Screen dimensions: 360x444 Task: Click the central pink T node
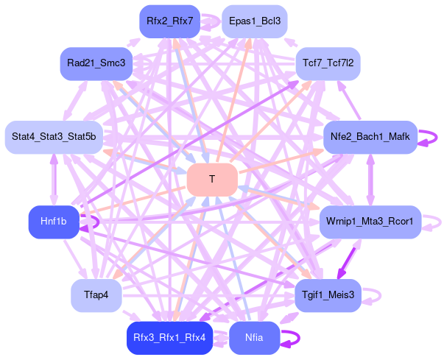[212, 180]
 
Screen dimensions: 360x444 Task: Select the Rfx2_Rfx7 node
[169, 21]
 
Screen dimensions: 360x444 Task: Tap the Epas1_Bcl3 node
[254, 21]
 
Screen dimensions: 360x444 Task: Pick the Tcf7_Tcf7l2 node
[328, 63]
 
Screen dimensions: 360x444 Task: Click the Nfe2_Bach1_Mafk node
[370, 136]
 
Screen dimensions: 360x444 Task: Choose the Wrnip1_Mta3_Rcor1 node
[370, 222]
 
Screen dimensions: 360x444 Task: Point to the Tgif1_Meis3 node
[328, 295]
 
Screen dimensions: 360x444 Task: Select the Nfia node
[254, 338]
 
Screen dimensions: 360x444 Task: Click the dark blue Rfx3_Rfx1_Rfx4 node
[169, 338]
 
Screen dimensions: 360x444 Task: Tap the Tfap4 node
[96, 295]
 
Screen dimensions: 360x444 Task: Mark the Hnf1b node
[53, 222]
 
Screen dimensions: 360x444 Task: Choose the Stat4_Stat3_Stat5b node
[53, 136]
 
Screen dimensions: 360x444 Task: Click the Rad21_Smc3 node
[96, 63]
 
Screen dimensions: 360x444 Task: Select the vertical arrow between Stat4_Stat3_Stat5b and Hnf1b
[53, 179]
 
